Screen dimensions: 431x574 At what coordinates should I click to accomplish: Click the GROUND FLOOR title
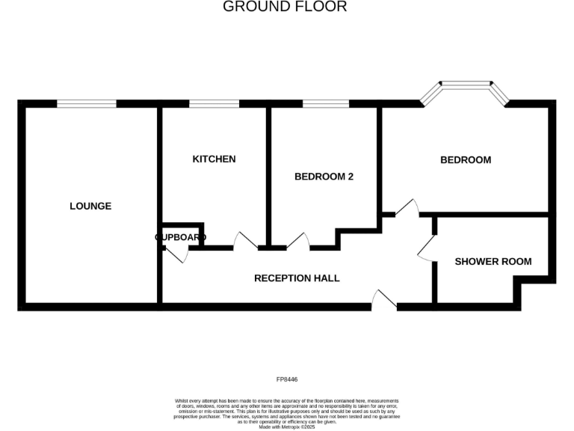click(285, 7)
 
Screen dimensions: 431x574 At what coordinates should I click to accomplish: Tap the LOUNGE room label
click(90, 206)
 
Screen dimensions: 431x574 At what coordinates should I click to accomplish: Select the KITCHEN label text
click(214, 159)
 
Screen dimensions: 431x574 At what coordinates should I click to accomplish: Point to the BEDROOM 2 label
click(324, 177)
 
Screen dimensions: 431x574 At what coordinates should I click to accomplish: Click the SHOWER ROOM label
click(493, 261)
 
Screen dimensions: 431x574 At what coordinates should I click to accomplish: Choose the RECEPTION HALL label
click(297, 278)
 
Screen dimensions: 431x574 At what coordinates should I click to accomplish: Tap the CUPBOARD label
click(181, 237)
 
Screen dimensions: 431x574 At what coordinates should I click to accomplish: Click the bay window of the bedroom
click(464, 89)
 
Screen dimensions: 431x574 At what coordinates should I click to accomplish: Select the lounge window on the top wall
click(87, 104)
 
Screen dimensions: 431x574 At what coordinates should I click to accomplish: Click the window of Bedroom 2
click(325, 104)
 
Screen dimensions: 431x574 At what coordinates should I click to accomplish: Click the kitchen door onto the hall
click(246, 241)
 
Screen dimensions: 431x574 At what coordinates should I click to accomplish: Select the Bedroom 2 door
click(298, 241)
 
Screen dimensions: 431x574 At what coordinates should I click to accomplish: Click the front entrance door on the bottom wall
click(384, 300)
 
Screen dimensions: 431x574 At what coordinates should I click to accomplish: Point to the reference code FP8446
click(286, 380)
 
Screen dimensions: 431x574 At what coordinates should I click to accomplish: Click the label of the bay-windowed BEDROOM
click(465, 159)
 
